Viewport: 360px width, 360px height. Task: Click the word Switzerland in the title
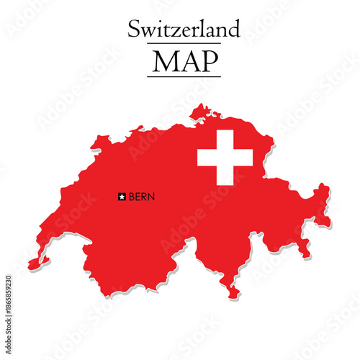coord(184,30)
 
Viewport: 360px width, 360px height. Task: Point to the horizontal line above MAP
coord(184,44)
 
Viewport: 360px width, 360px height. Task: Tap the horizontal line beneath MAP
coord(184,76)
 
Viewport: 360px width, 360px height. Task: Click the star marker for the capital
coord(122,196)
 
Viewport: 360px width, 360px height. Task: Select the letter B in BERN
coord(130,196)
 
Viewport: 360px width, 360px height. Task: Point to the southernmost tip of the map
coord(232,296)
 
